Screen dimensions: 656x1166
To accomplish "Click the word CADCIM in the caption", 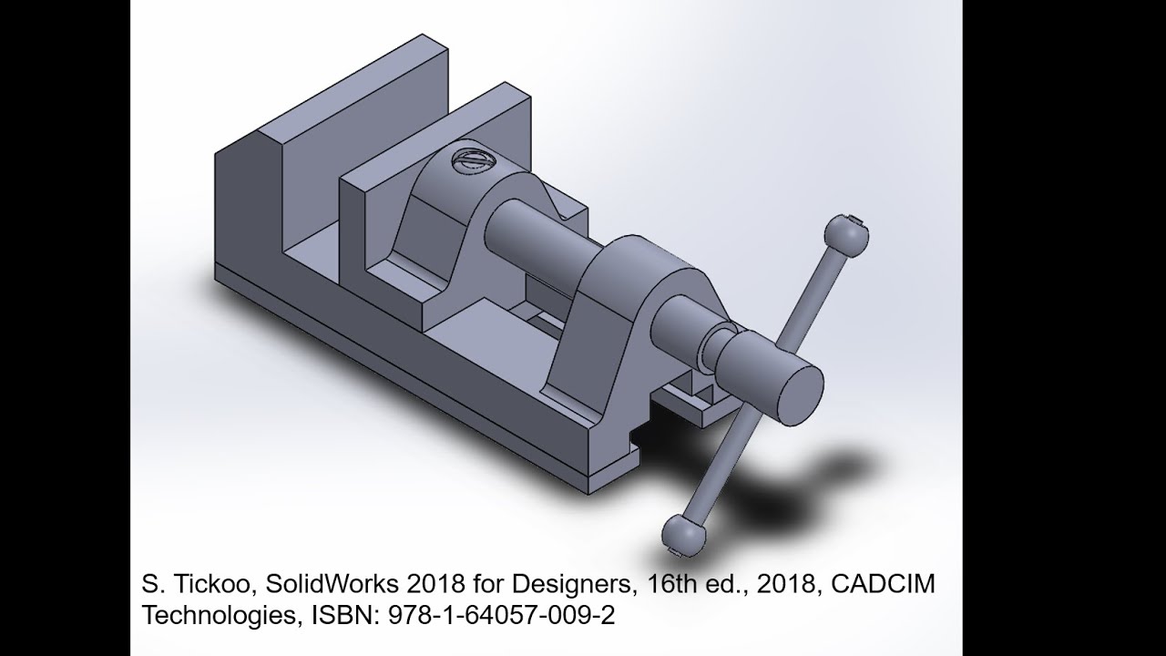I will [x=886, y=584].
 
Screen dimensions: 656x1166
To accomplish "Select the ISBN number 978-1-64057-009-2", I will [x=501, y=615].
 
